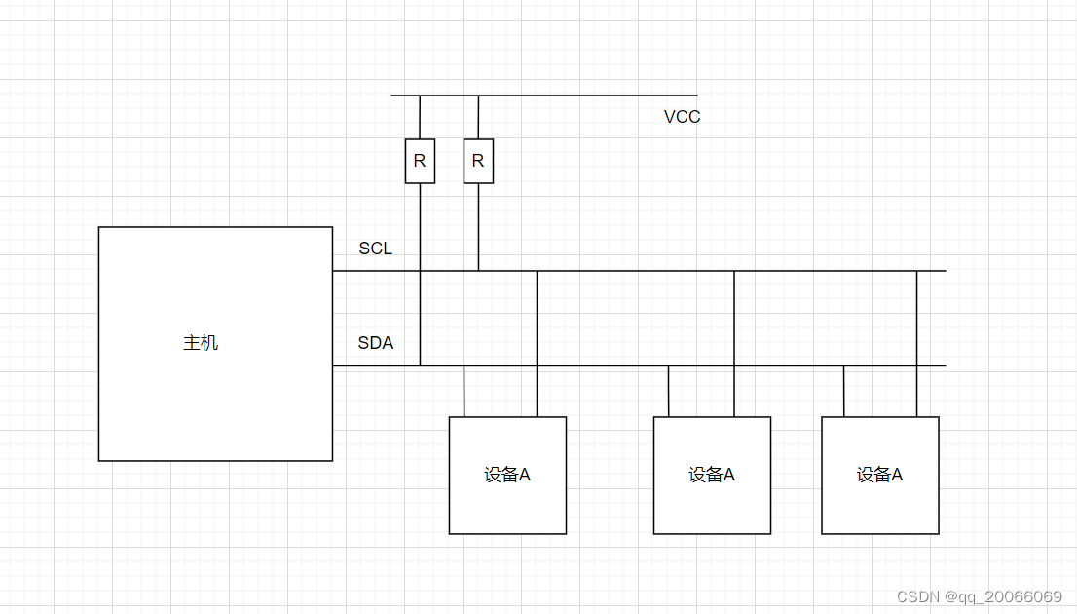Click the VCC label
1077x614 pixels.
(682, 117)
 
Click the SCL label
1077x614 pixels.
(375, 249)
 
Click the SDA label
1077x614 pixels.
(375, 343)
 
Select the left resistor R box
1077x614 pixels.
(420, 161)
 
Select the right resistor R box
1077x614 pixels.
(478, 161)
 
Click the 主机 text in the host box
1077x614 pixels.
(201, 343)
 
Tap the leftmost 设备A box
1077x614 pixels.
(507, 475)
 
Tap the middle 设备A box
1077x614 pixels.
(712, 475)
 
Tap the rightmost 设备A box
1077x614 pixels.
(880, 475)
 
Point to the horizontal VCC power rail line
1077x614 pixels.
(584, 96)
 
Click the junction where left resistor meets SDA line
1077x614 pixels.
(420, 366)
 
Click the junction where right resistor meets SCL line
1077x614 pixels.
(478, 271)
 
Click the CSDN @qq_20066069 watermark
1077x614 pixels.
(979, 596)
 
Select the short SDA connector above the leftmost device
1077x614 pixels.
(464, 391)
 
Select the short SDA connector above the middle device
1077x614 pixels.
(668, 391)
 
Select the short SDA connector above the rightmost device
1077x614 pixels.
(843, 391)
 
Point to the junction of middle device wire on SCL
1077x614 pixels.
(734, 271)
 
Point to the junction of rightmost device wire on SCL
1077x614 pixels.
(916, 271)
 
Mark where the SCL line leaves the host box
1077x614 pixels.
(333, 271)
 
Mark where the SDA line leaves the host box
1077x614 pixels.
(333, 366)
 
